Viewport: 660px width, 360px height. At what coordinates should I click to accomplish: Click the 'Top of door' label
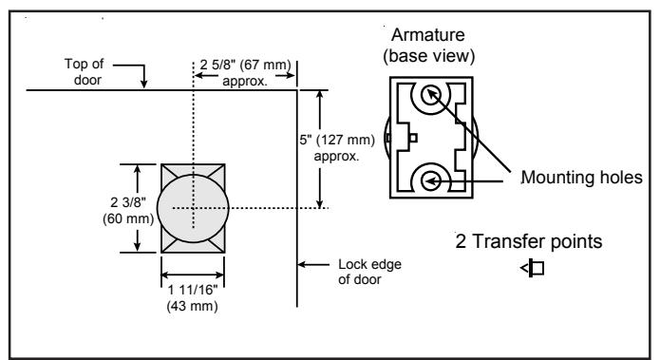coord(84,71)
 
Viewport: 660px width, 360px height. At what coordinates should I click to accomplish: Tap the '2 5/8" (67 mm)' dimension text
coord(245,65)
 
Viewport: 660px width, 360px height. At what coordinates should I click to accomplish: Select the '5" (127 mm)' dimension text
coord(337,140)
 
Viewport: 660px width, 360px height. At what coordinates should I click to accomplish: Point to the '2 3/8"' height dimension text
coord(128,202)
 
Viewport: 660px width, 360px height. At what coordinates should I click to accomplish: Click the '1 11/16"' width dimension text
coord(193,290)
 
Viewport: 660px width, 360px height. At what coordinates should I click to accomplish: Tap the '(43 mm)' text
coord(193,306)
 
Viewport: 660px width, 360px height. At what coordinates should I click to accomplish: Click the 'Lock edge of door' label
coord(369,272)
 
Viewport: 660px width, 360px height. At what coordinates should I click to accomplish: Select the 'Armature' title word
coord(428,35)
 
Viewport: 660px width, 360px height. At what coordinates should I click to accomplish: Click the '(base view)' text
coord(429,56)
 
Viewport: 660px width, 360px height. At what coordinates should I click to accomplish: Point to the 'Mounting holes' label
coord(582,178)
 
